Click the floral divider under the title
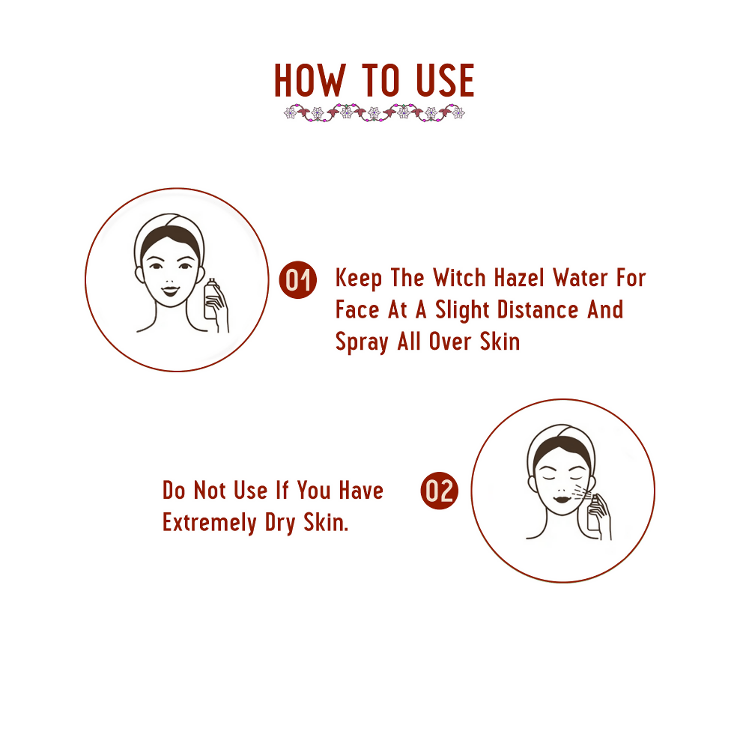(374, 113)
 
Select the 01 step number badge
(297, 280)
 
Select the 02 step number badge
(439, 491)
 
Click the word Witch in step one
(459, 278)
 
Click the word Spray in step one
(362, 342)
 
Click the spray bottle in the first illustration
(211, 298)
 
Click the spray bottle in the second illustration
(594, 512)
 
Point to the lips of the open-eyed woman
(170, 291)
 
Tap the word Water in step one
(582, 278)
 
